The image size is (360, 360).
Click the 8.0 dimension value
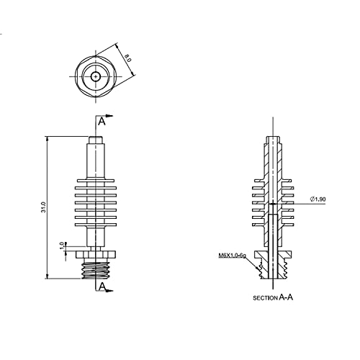(x=128, y=58)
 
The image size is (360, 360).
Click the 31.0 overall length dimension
(x=43, y=207)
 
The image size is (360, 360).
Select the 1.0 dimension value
(x=62, y=246)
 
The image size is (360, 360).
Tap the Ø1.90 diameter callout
(x=318, y=199)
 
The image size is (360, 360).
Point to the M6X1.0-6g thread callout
(x=233, y=256)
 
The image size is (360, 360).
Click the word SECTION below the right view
(x=265, y=298)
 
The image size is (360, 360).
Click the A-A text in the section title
(x=286, y=297)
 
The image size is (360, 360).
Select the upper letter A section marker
(x=102, y=122)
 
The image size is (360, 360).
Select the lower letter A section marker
(x=102, y=286)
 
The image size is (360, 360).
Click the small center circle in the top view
(x=96, y=77)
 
